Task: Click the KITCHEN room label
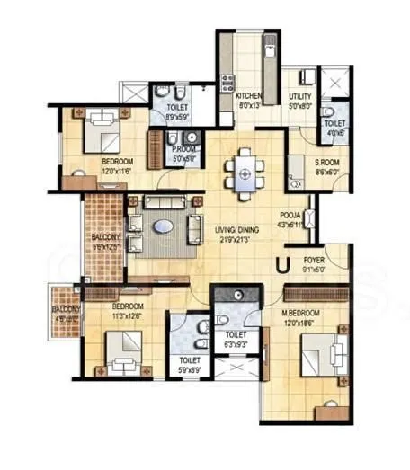coord(249,96)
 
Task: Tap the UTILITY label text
coord(299,96)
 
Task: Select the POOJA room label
coord(290,217)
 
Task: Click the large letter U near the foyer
coord(282,264)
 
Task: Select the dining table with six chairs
coord(245,168)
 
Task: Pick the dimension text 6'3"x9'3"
coord(238,343)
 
